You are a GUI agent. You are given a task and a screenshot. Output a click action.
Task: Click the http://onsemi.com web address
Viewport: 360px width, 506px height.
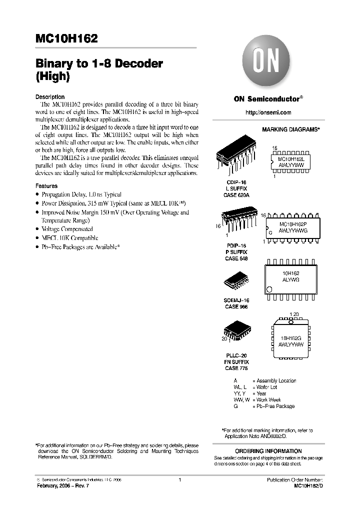coord(268,112)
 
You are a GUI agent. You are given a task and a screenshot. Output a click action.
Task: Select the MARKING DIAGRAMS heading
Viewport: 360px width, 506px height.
coord(290,129)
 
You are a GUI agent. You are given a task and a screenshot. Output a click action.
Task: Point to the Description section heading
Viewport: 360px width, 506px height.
coord(50,96)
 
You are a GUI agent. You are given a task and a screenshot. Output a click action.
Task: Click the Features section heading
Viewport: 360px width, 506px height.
coord(46,186)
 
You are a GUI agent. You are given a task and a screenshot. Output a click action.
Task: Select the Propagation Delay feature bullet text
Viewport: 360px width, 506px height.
coord(81,194)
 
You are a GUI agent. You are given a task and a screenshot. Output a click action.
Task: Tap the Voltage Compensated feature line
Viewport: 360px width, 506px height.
coord(67,229)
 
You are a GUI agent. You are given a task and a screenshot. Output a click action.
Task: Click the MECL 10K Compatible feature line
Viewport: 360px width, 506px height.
coord(69,238)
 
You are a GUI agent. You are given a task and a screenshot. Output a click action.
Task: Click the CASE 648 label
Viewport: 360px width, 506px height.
coord(236,259)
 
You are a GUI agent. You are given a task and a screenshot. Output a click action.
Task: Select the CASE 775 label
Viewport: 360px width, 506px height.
coord(236,368)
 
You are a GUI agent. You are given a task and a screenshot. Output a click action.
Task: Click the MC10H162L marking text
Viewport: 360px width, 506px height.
coord(294,157)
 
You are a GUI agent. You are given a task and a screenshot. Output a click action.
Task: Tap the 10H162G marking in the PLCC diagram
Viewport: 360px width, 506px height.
coord(292,338)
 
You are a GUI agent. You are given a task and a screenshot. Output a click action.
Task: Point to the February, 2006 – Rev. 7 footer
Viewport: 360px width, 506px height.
coord(62,486)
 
